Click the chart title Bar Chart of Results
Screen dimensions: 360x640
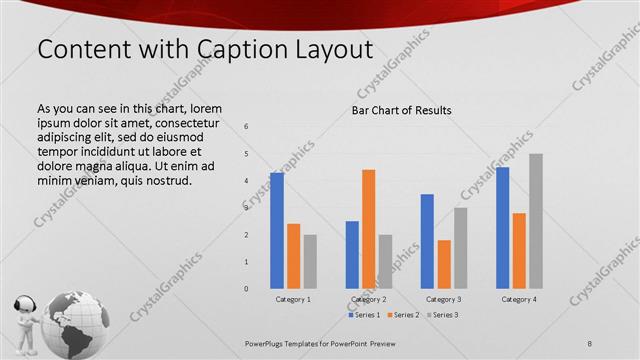coord(401,110)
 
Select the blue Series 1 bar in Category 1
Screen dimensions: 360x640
coord(277,230)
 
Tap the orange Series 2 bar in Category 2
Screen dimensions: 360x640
coord(368,229)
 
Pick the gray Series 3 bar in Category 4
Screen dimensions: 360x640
coord(536,221)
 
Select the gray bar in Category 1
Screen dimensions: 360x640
coord(310,261)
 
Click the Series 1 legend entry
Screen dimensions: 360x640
coord(365,315)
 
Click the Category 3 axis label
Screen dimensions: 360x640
coord(443,299)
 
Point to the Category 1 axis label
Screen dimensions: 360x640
coord(293,299)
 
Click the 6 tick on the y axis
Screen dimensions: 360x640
coord(246,127)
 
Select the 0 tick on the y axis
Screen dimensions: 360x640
coord(246,289)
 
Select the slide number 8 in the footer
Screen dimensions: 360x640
coord(590,343)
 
